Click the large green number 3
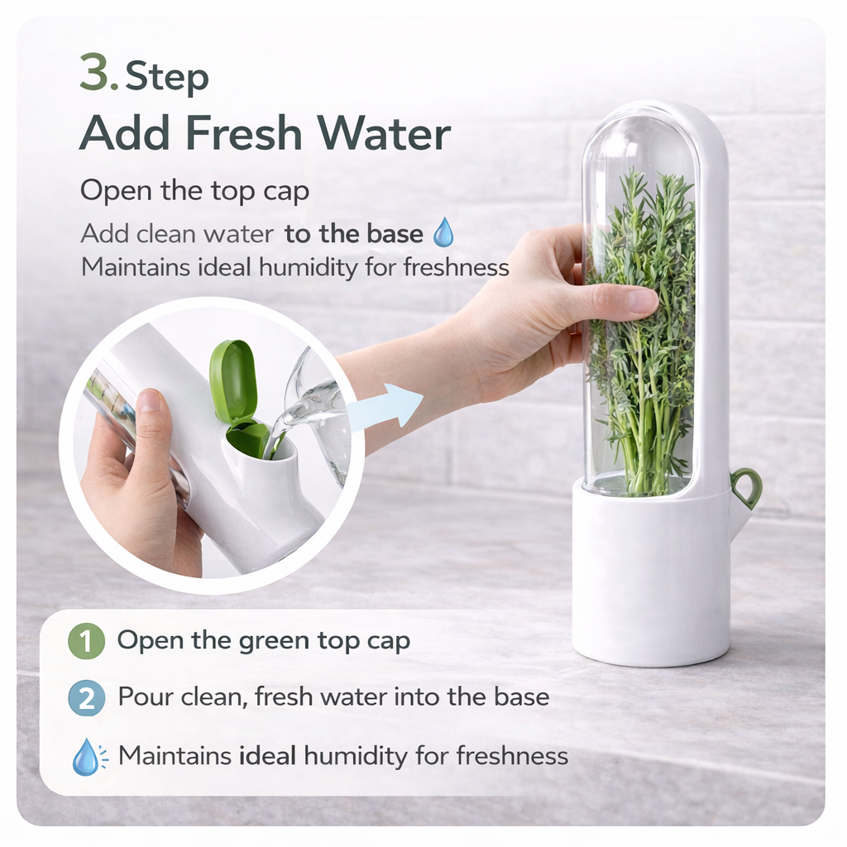95,73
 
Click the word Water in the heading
384,133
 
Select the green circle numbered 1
86,641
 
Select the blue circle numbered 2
86,698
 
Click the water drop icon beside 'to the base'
443,232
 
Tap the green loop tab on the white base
746,488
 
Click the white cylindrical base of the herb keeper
652,572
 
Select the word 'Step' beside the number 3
167,77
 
